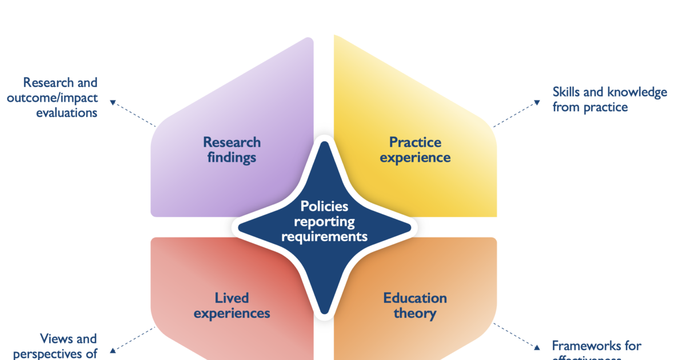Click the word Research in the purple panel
[x=232, y=142]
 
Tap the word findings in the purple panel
[x=232, y=157]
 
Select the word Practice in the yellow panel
[x=415, y=142]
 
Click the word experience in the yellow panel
[x=415, y=157]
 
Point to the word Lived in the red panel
[x=232, y=298]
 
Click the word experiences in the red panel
[x=232, y=313]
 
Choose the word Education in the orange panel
[x=415, y=298]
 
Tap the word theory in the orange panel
[x=415, y=313]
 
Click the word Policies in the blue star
[x=324, y=206]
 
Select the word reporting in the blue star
[x=324, y=221]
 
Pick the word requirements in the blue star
[x=324, y=235]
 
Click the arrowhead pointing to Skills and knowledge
[x=536, y=102]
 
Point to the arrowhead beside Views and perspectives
[x=113, y=350]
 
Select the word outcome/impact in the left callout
[x=52, y=98]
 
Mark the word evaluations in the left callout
[x=66, y=113]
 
